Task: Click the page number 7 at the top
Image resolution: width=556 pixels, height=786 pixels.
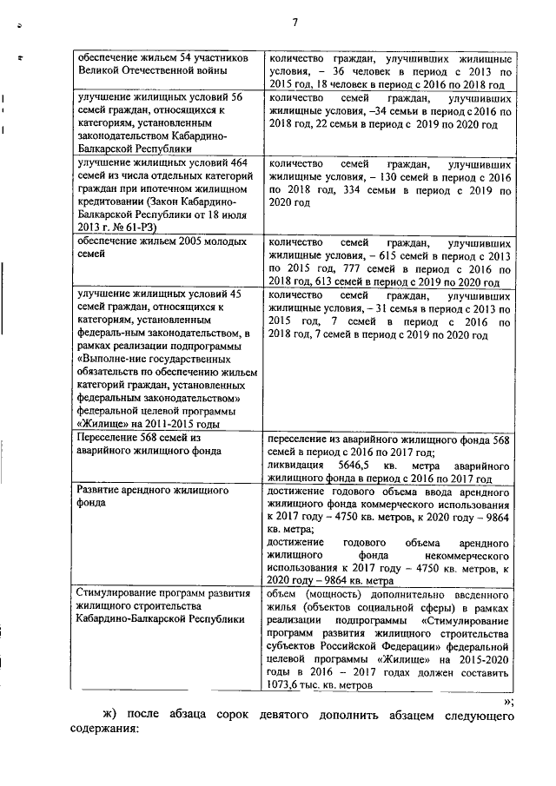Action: pyautogui.click(x=295, y=23)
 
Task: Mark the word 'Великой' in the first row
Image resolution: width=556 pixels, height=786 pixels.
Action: pyautogui.click(x=100, y=70)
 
